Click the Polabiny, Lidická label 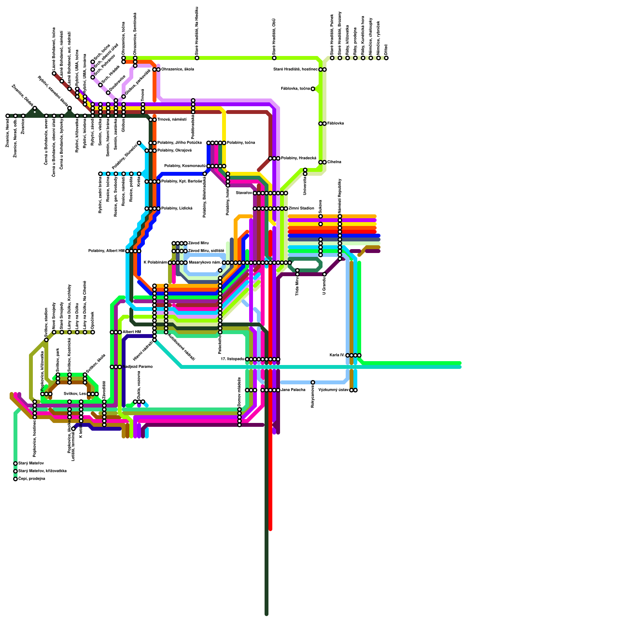(x=177, y=209)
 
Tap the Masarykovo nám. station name (x=204, y=263)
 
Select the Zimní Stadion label (x=301, y=209)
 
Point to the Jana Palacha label (x=293, y=390)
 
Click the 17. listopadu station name (x=232, y=359)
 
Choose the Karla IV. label (x=337, y=355)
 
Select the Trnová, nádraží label (x=172, y=120)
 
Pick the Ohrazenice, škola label (x=177, y=70)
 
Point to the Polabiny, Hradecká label (x=299, y=158)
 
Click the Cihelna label (x=334, y=162)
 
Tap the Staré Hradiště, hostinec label (x=295, y=70)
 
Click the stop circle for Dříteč (x=386, y=58)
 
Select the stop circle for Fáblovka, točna (x=313, y=89)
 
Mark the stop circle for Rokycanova (x=313, y=382)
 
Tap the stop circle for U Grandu (x=324, y=274)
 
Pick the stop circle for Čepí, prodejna (x=15, y=479)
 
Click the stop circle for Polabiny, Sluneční (x=139, y=143)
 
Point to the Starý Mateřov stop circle (x=15, y=463)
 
